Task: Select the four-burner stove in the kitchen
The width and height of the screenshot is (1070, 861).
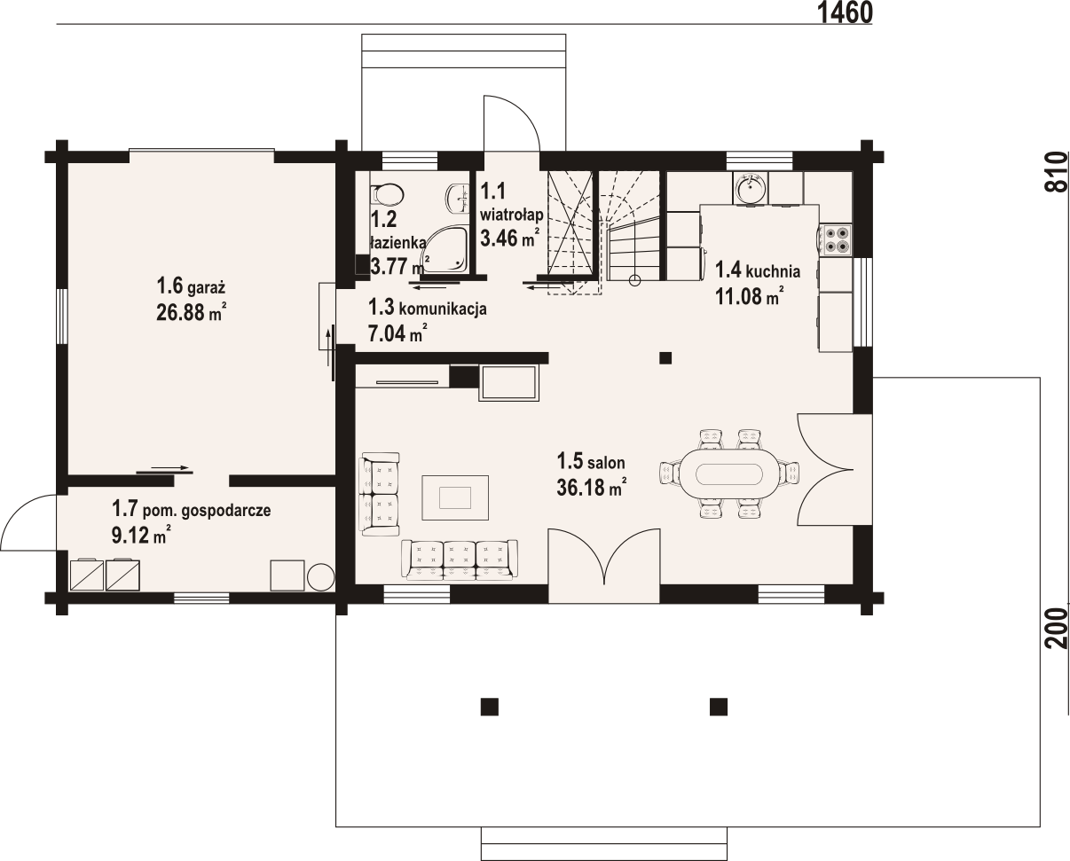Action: coord(835,239)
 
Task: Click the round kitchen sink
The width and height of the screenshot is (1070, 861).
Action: coord(750,188)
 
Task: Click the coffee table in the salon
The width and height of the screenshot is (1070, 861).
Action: coord(455,497)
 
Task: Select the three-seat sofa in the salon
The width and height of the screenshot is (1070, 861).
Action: coord(460,560)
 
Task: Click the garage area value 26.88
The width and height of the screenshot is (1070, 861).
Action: coord(180,312)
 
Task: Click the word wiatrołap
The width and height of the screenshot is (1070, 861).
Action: coord(512,215)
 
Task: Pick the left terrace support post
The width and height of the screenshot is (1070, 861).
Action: coord(489,707)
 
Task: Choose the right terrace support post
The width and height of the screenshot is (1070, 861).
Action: coord(719,707)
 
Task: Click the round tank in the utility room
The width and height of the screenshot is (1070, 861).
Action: coord(320,576)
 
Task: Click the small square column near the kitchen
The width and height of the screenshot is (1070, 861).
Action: coord(665,358)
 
